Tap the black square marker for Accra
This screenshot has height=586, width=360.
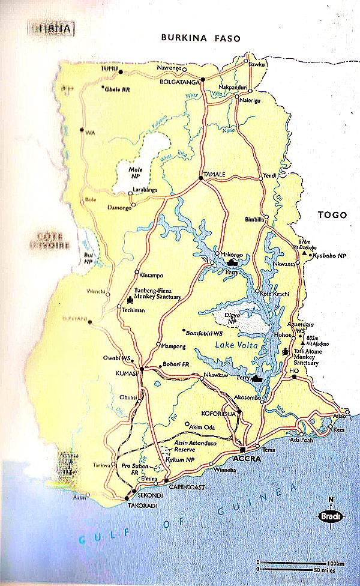243,449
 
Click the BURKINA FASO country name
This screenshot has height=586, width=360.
200,38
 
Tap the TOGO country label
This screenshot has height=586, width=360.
332,214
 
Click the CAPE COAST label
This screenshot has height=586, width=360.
183,487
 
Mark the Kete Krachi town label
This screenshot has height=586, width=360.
276,293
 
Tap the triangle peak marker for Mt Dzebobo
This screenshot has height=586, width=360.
305,255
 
